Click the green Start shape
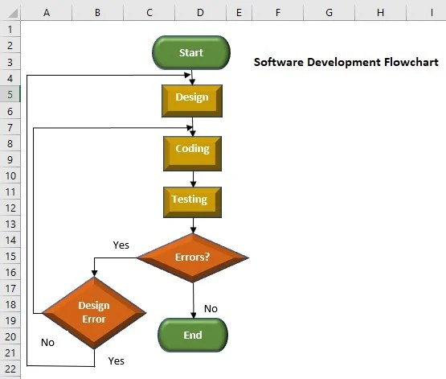(x=191, y=52)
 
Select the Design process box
(x=191, y=98)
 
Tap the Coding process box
(x=192, y=150)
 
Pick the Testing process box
(x=192, y=200)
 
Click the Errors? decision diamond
(x=193, y=257)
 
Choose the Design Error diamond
(x=94, y=311)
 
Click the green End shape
(x=193, y=335)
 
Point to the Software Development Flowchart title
(x=346, y=62)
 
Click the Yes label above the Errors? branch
(x=121, y=245)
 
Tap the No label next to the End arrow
(x=211, y=308)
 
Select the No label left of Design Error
(x=47, y=342)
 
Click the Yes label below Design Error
(x=117, y=361)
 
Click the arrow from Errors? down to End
(x=193, y=299)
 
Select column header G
(x=329, y=12)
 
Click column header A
(x=46, y=12)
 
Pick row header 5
(x=10, y=94)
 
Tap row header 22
(x=10, y=369)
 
